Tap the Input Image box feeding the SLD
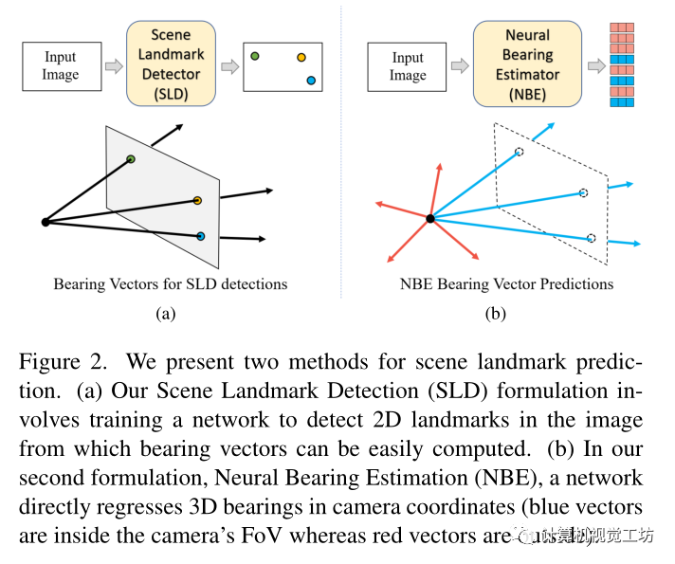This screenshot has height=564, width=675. point(60,66)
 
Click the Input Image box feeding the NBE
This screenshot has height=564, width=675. point(408,66)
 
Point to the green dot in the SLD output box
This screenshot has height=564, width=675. point(255,56)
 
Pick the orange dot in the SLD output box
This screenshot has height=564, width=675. point(301,58)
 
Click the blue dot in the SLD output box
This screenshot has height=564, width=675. point(311,81)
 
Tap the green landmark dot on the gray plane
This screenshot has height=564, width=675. point(131,158)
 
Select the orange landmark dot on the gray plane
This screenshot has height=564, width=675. point(197,200)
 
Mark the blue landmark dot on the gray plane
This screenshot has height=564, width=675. point(201,235)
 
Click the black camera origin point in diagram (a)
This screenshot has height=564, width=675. point(45,222)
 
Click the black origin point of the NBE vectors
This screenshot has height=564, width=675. point(430,218)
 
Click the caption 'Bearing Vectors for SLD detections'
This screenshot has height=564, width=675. point(170,283)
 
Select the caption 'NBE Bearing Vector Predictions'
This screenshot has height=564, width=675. point(507,283)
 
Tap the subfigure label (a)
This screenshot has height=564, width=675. point(165,313)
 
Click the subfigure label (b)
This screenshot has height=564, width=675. point(495,313)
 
